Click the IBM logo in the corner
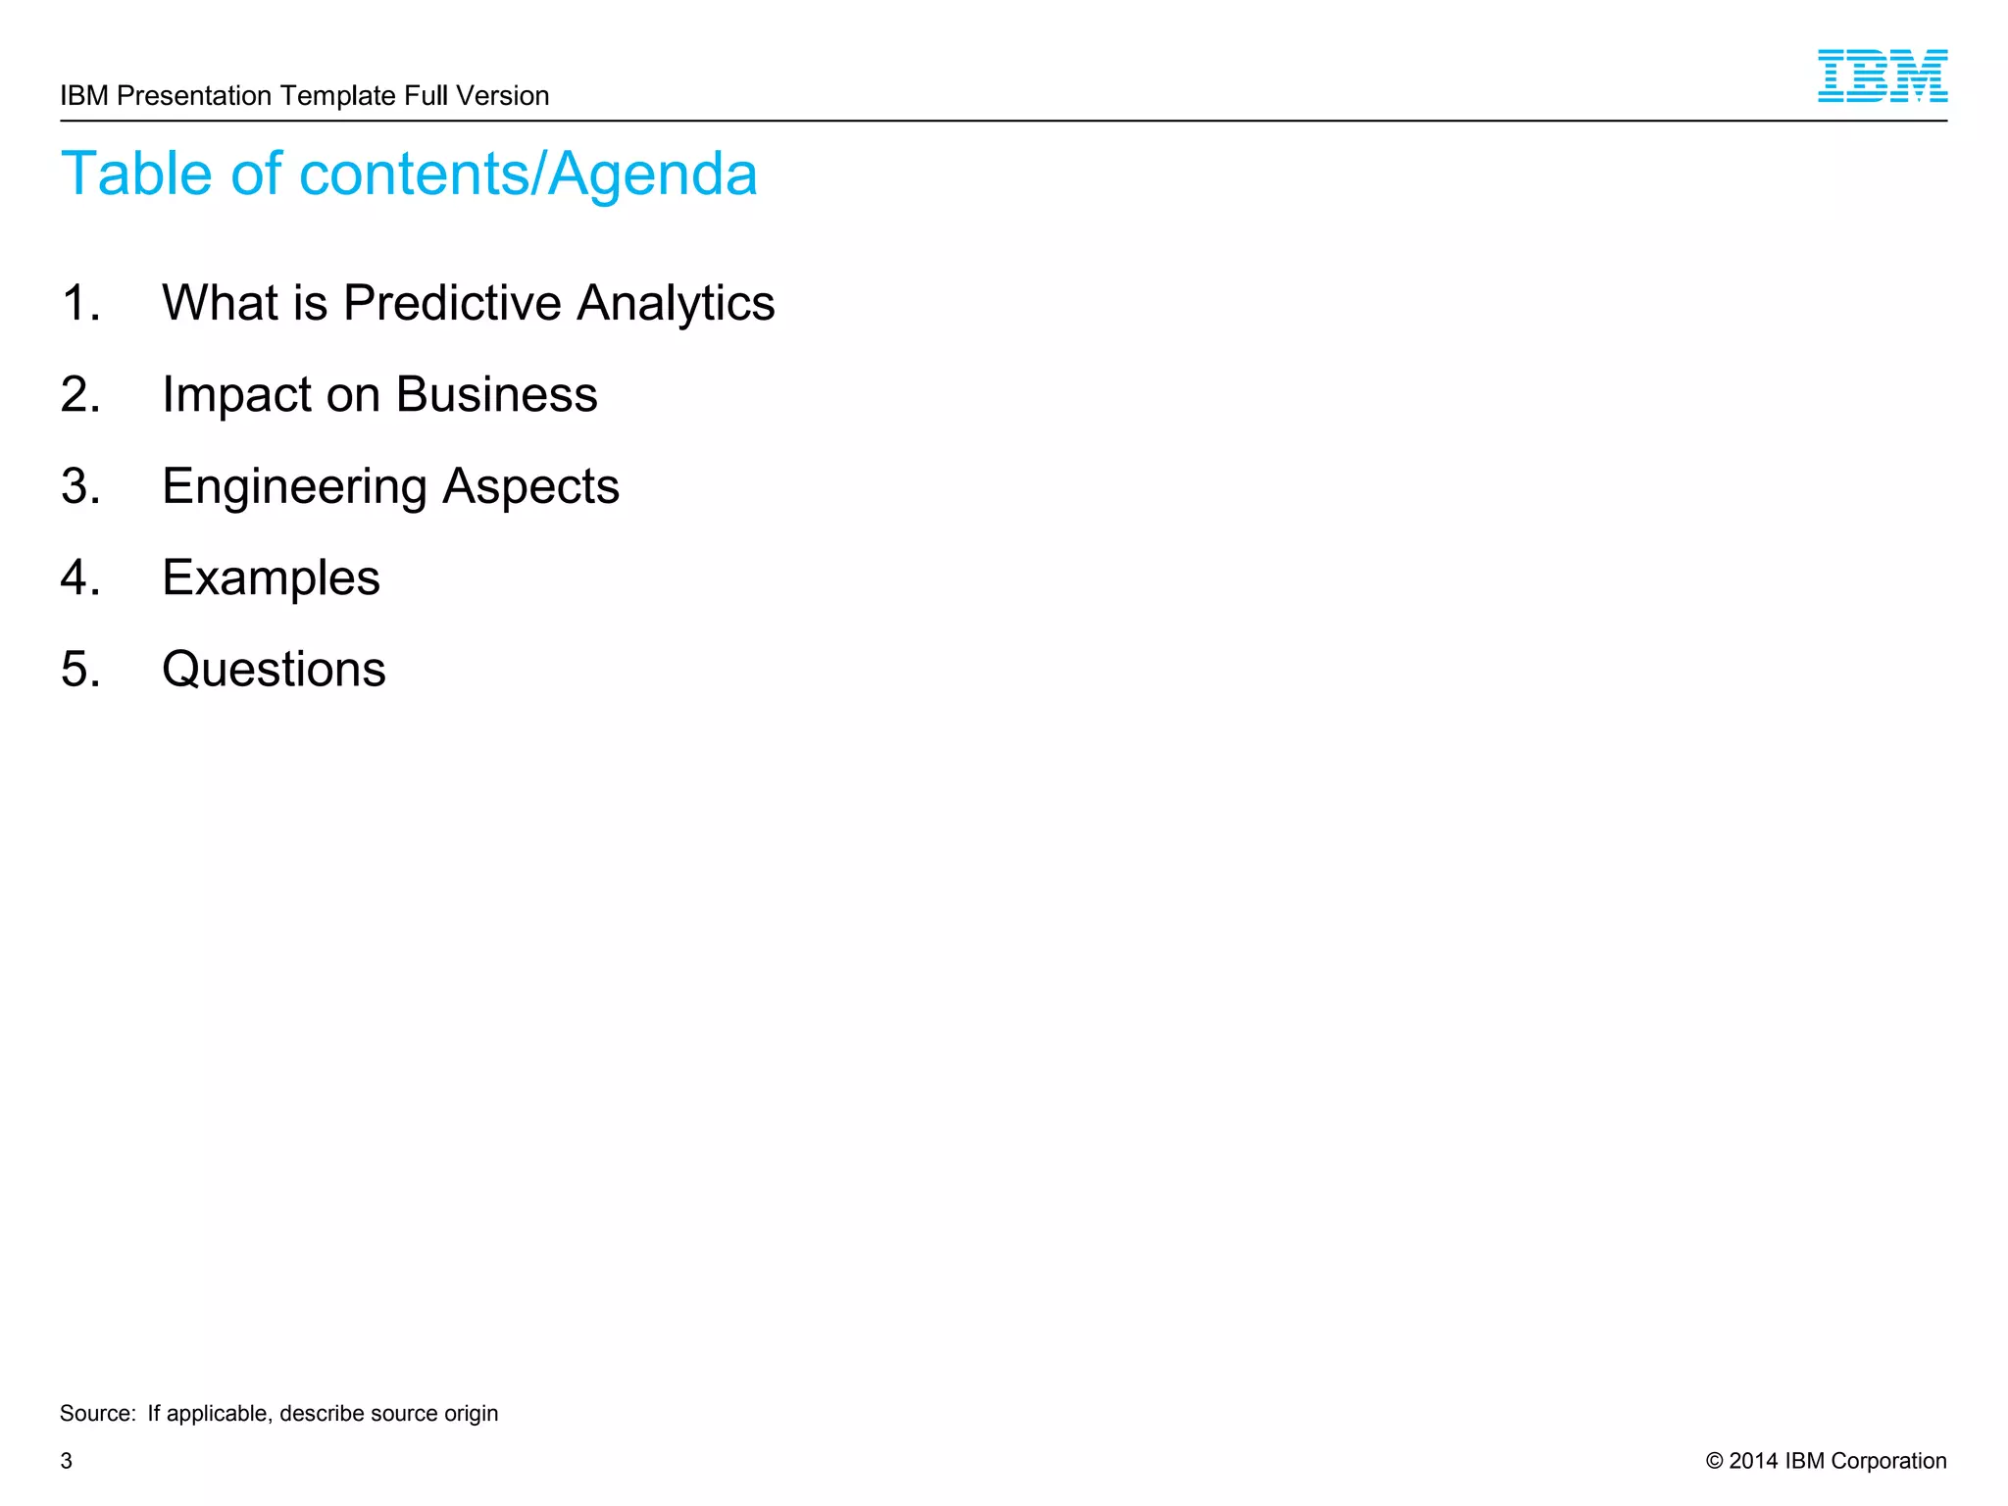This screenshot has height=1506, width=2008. (1882, 75)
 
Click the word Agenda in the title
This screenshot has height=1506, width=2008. (652, 175)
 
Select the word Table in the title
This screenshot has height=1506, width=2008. (136, 175)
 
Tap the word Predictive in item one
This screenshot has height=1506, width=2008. (451, 302)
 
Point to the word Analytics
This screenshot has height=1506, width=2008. (676, 302)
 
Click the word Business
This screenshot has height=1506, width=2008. (496, 394)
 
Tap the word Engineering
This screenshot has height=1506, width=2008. (294, 486)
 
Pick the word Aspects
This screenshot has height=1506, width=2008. (530, 486)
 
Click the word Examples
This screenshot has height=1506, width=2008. (271, 577)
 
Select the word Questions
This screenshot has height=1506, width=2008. (274, 670)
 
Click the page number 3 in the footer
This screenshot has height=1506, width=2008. (67, 1461)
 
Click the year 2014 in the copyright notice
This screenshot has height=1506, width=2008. (1753, 1461)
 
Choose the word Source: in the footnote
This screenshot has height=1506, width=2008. (98, 1413)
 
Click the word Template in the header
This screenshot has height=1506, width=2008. (338, 96)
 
